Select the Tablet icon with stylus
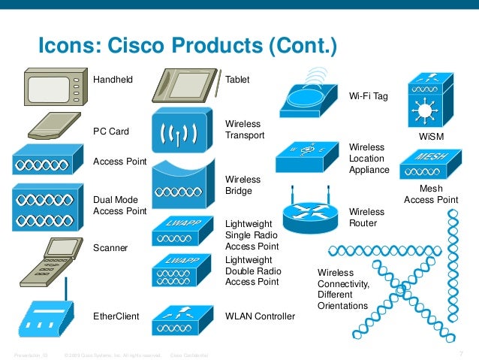[x=185, y=87]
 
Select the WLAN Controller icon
[x=177, y=319]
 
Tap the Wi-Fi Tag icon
[x=309, y=95]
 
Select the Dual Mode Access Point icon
[x=47, y=206]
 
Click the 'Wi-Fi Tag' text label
[x=369, y=96]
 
